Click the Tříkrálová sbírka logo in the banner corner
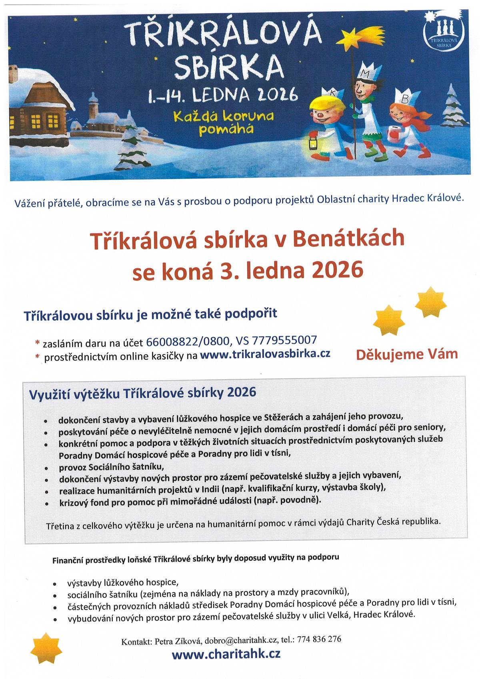[443, 33]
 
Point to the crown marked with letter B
[405, 96]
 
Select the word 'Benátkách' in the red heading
[348, 239]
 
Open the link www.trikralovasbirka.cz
[265, 354]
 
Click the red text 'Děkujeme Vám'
[406, 354]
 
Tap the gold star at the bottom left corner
[46, 649]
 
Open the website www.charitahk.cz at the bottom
[226, 654]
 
